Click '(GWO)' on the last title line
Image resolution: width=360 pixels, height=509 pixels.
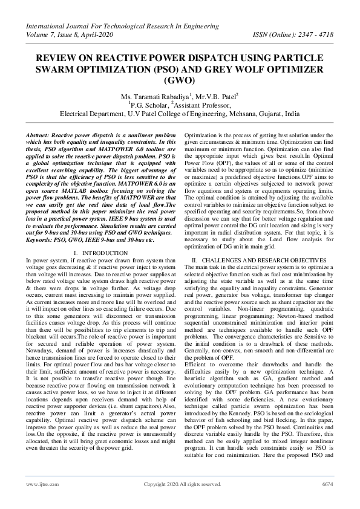tap(180, 80)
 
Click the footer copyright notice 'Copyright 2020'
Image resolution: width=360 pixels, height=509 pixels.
tap(163, 484)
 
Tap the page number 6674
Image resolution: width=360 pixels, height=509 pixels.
tap(327, 484)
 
